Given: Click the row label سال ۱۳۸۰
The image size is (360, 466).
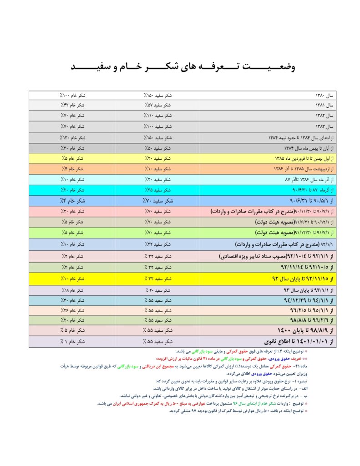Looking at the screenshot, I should [x=325, y=96].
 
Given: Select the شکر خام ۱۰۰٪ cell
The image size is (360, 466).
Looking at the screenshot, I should [x=73, y=96].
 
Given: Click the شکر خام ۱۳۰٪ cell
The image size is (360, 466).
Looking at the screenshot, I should [x=73, y=137].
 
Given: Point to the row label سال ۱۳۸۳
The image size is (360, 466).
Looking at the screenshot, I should [x=325, y=127].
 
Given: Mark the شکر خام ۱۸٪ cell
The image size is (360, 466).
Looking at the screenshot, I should [x=73, y=290].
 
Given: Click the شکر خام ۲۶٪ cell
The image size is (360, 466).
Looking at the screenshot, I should [x=73, y=310].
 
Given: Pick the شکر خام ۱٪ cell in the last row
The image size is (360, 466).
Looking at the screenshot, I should [x=73, y=341].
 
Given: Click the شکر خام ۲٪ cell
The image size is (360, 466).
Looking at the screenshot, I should [x=73, y=257].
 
